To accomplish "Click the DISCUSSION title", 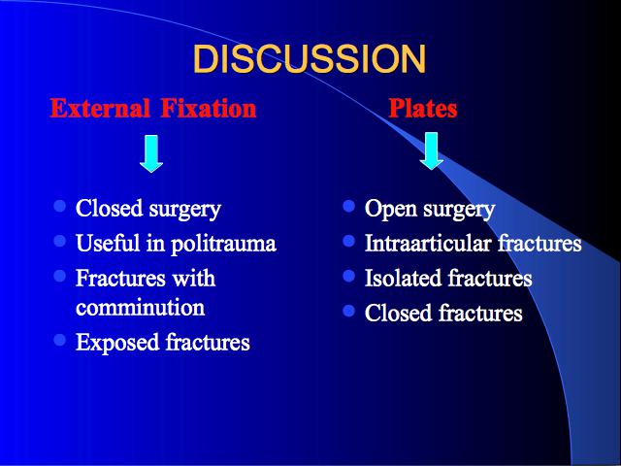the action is point(310,58).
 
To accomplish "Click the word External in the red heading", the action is point(100,108).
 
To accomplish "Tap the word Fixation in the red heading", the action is point(209,108).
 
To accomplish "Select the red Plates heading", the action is point(423,108).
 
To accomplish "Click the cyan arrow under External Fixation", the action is point(151,153).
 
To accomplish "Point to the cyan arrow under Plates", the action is point(431,151).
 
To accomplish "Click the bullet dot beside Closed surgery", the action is point(60,206).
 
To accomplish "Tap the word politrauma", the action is point(223,244).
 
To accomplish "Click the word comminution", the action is point(140,308).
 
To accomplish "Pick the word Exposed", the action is point(117,343).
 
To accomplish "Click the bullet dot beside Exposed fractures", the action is point(60,340).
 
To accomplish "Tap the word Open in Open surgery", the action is point(390,210).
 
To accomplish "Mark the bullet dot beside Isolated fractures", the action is point(349,276).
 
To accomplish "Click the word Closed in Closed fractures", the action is point(398,313).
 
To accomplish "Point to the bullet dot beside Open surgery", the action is point(349,206).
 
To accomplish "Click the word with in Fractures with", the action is point(194,278).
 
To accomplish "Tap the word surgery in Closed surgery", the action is point(184,210).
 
